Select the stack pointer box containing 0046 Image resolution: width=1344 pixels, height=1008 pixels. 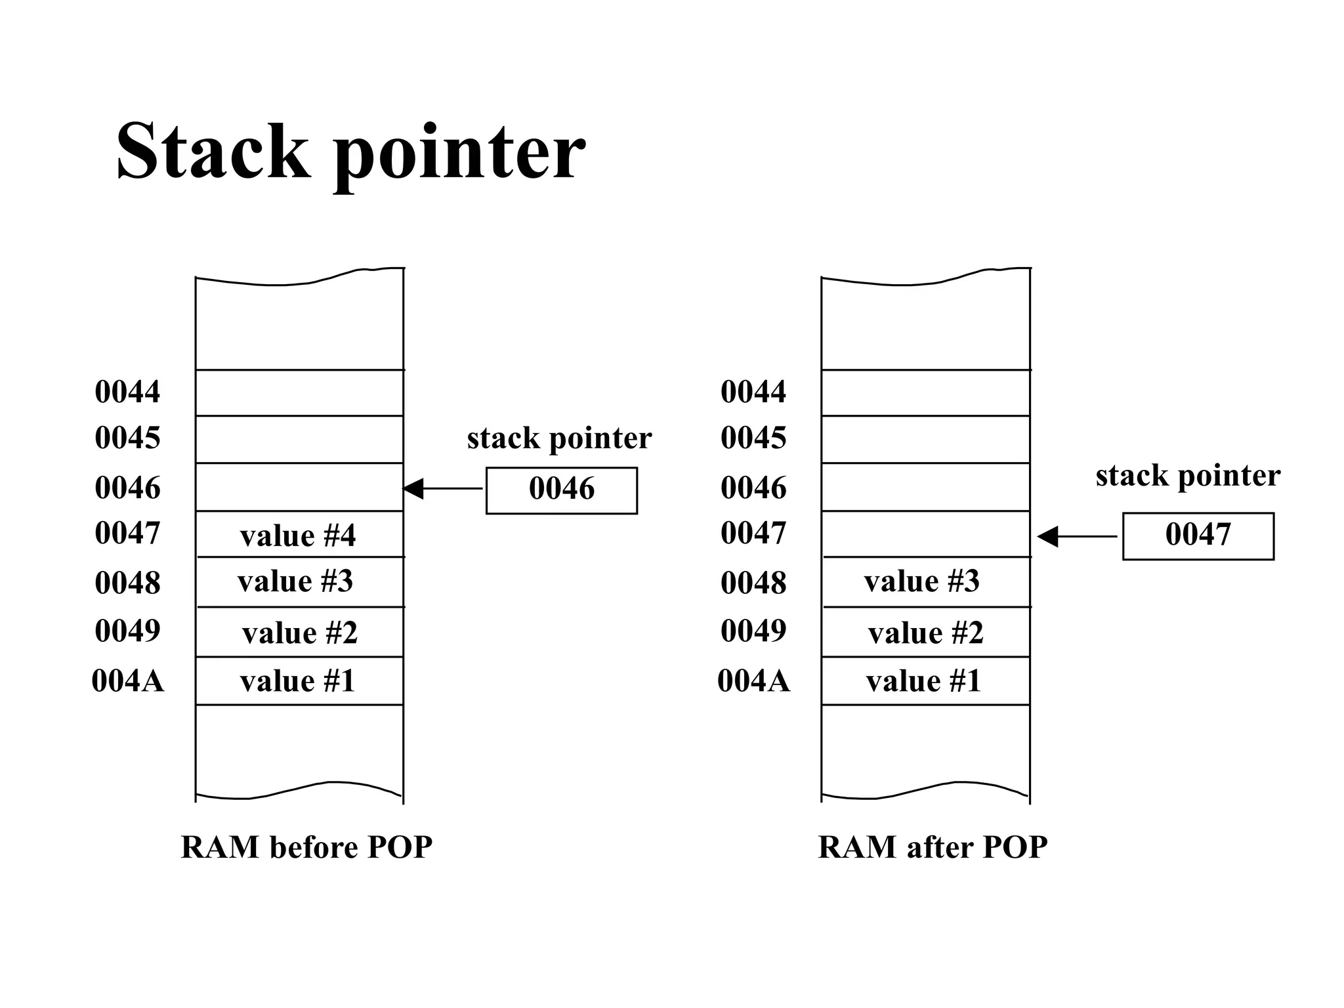[x=561, y=490]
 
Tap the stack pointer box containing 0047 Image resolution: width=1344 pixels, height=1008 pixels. [x=1198, y=535]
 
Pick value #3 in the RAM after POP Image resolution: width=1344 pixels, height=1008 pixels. [x=922, y=581]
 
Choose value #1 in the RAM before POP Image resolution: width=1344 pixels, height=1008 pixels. [x=299, y=681]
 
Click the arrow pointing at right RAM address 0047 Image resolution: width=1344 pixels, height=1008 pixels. [x=1076, y=537]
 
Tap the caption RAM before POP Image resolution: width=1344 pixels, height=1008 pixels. [x=306, y=847]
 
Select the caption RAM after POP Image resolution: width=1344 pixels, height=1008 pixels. [x=933, y=847]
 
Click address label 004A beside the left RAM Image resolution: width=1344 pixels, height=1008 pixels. [x=127, y=681]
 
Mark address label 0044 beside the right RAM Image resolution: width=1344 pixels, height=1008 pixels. [x=753, y=392]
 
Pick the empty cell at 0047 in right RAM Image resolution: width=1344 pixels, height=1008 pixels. [x=925, y=534]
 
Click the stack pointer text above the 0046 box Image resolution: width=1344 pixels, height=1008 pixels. [x=559, y=438]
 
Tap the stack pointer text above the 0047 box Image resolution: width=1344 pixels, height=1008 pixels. [x=1188, y=476]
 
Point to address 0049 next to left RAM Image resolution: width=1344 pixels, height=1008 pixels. [x=127, y=631]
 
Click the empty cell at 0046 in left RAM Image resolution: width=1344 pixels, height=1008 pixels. [x=299, y=487]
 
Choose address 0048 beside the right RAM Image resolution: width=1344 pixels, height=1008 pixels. [x=753, y=583]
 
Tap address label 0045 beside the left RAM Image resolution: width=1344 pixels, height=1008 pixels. [x=127, y=438]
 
